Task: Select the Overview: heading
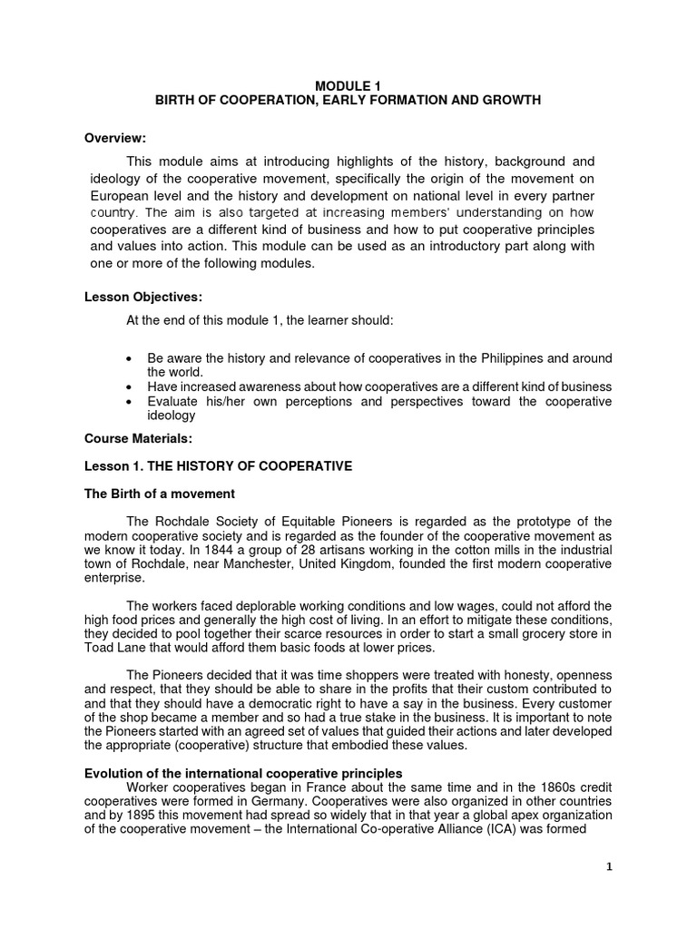[115, 138]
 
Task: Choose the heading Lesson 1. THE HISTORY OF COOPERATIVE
[205, 466]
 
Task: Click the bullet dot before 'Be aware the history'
[133, 358]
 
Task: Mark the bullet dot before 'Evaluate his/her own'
[133, 400]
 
